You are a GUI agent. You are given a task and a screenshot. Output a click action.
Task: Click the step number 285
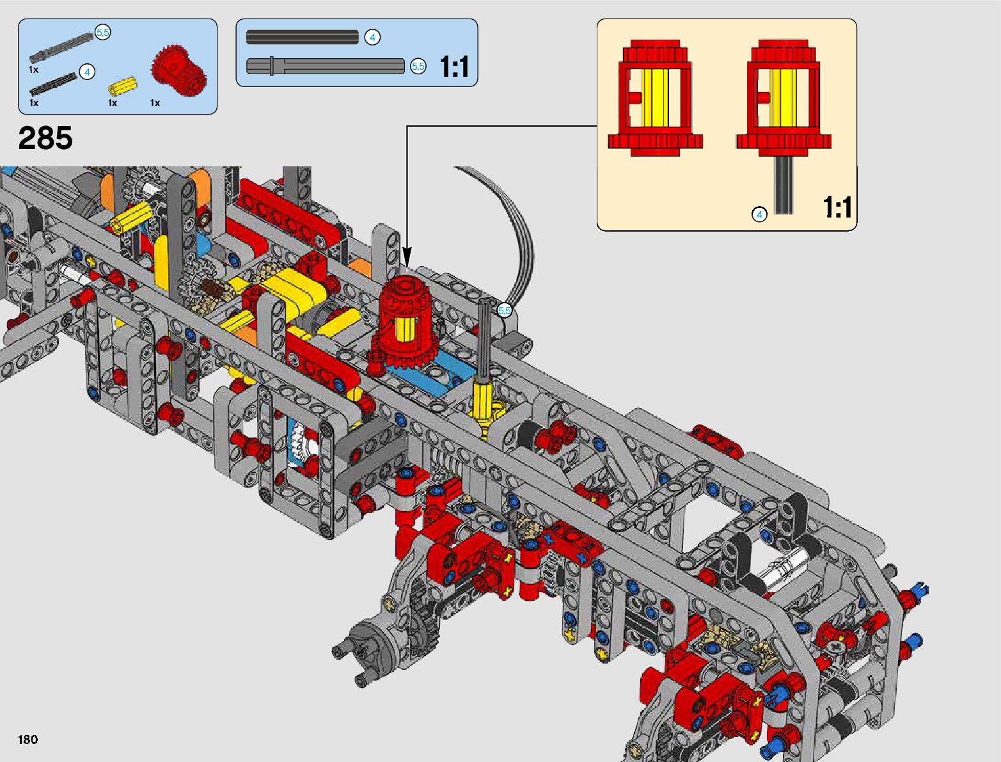coord(45,138)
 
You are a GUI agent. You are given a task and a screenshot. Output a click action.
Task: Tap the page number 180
coord(28,739)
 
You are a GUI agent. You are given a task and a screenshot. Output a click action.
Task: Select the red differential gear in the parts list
coord(178,71)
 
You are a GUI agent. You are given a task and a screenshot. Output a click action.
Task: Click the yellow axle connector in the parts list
coord(123,85)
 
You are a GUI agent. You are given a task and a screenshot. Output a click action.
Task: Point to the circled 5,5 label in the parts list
coord(102,33)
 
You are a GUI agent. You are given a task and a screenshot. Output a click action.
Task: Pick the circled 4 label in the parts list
coord(87,72)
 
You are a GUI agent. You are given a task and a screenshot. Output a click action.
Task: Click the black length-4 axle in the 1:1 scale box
coord(303,37)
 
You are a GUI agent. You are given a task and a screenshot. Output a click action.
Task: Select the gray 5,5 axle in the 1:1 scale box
coord(325,66)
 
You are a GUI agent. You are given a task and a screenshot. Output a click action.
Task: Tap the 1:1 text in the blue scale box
coord(454,67)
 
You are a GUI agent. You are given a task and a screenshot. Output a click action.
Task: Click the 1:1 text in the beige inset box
coord(837,207)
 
